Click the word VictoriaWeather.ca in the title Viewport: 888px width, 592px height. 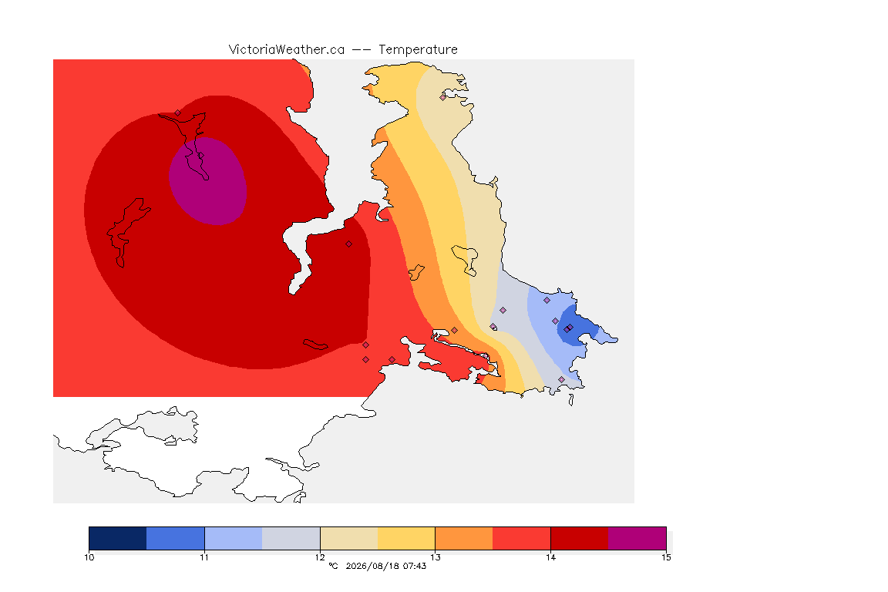pos(287,49)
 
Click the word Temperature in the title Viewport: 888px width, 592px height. pos(418,49)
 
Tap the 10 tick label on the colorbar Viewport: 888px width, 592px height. pos(89,557)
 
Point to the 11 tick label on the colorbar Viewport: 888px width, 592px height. pos(204,557)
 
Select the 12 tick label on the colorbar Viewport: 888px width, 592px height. pos(320,557)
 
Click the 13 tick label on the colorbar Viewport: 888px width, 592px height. pos(436,557)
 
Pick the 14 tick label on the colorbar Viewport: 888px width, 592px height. pos(551,557)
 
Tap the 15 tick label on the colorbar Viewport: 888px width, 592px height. pos(666,557)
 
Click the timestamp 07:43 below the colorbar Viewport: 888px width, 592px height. pos(415,566)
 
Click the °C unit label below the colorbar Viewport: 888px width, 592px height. pos(333,566)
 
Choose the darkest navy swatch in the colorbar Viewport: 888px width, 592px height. pos(118,538)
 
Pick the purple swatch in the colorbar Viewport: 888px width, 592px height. pos(637,538)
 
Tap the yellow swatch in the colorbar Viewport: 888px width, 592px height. pos(406,538)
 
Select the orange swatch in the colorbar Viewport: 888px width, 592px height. pos(464,538)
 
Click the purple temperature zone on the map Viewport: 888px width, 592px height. pos(208,181)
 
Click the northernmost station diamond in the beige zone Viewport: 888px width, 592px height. pos(443,97)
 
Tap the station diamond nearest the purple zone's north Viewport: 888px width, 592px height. pos(178,113)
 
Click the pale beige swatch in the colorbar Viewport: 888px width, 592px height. pos(349,538)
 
